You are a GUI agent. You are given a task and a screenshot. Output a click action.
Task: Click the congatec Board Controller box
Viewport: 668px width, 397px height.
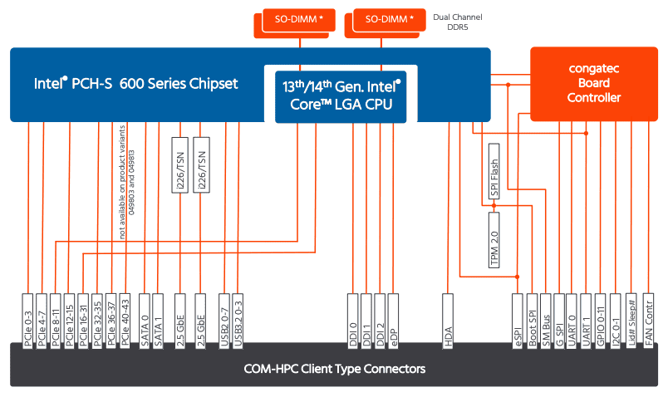(594, 84)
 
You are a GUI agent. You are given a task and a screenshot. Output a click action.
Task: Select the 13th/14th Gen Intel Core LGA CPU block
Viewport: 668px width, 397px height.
(341, 96)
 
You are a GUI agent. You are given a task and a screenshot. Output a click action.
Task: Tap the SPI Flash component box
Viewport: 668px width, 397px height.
(494, 171)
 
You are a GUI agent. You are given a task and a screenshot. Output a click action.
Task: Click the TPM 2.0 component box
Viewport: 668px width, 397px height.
(494, 240)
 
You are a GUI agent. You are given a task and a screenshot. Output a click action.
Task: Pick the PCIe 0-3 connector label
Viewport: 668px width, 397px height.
(27, 321)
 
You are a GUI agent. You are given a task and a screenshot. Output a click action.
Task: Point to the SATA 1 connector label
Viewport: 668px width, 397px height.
(158, 321)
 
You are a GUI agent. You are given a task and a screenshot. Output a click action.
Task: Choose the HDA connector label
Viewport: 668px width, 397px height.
(448, 321)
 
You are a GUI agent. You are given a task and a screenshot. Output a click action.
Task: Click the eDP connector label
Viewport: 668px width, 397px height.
(393, 321)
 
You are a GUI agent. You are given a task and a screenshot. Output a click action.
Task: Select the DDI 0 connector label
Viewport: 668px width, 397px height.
(353, 321)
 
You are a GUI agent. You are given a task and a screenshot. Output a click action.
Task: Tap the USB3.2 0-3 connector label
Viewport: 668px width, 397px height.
(238, 321)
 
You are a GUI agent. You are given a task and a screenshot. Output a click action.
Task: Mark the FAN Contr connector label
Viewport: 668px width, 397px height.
(648, 321)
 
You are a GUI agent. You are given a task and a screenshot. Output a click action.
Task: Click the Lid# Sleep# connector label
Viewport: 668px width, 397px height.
(631, 321)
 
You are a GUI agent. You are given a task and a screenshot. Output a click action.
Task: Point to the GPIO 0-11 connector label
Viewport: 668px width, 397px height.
(600, 321)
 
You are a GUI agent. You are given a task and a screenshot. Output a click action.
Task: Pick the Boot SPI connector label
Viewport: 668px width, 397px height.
(532, 321)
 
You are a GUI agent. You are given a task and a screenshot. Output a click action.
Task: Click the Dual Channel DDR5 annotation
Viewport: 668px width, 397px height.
(458, 22)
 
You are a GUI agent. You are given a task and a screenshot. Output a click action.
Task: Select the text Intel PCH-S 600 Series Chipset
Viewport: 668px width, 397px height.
(136, 84)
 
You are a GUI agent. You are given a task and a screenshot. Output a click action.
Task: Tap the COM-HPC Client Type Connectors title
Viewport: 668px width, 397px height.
(335, 369)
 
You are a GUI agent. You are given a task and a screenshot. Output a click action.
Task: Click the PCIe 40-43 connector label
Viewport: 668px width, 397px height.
(125, 321)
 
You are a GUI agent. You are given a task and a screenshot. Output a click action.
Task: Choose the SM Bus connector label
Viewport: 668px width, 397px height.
(546, 321)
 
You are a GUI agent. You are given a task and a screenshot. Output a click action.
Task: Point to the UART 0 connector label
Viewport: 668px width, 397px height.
(572, 321)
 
